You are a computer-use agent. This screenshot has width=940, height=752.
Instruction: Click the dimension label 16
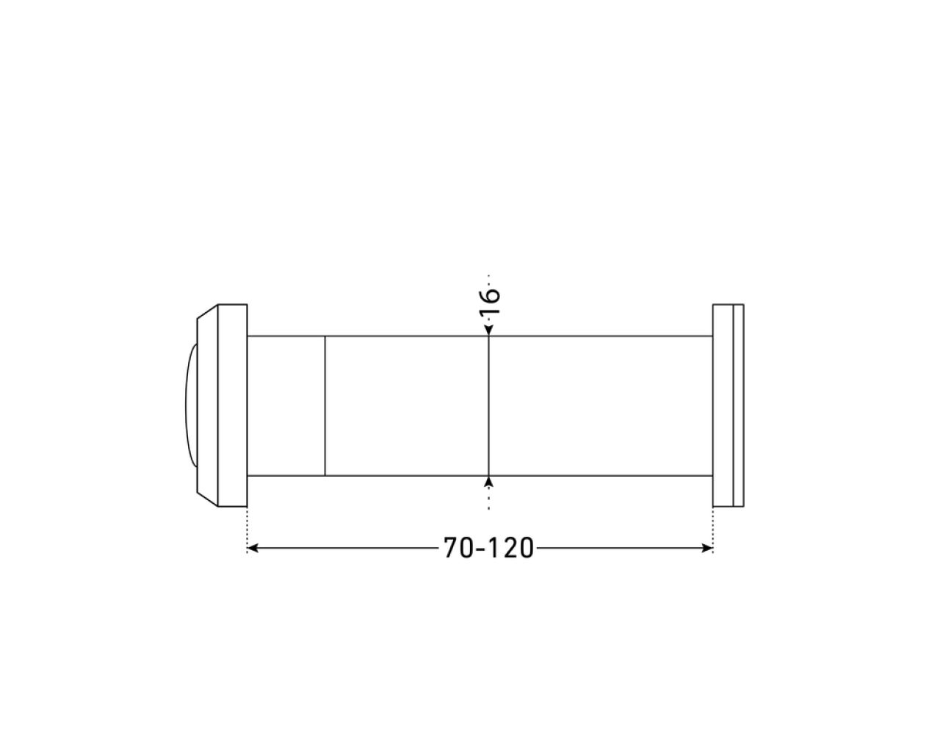tap(490, 302)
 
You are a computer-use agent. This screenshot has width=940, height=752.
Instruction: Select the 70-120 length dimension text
tap(488, 548)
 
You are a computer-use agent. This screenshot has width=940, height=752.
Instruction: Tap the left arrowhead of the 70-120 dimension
tap(253, 548)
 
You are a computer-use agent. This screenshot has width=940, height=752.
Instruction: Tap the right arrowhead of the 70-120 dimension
tap(707, 548)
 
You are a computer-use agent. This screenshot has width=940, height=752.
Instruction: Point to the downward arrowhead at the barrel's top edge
tap(489, 330)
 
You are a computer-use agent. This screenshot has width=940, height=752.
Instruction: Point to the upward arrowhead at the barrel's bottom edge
tap(489, 482)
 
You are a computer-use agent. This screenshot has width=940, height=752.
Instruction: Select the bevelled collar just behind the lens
tap(208, 405)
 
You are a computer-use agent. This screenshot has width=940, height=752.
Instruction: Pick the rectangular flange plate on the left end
tap(233, 405)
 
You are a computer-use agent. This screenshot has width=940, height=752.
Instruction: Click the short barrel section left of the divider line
tap(286, 406)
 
